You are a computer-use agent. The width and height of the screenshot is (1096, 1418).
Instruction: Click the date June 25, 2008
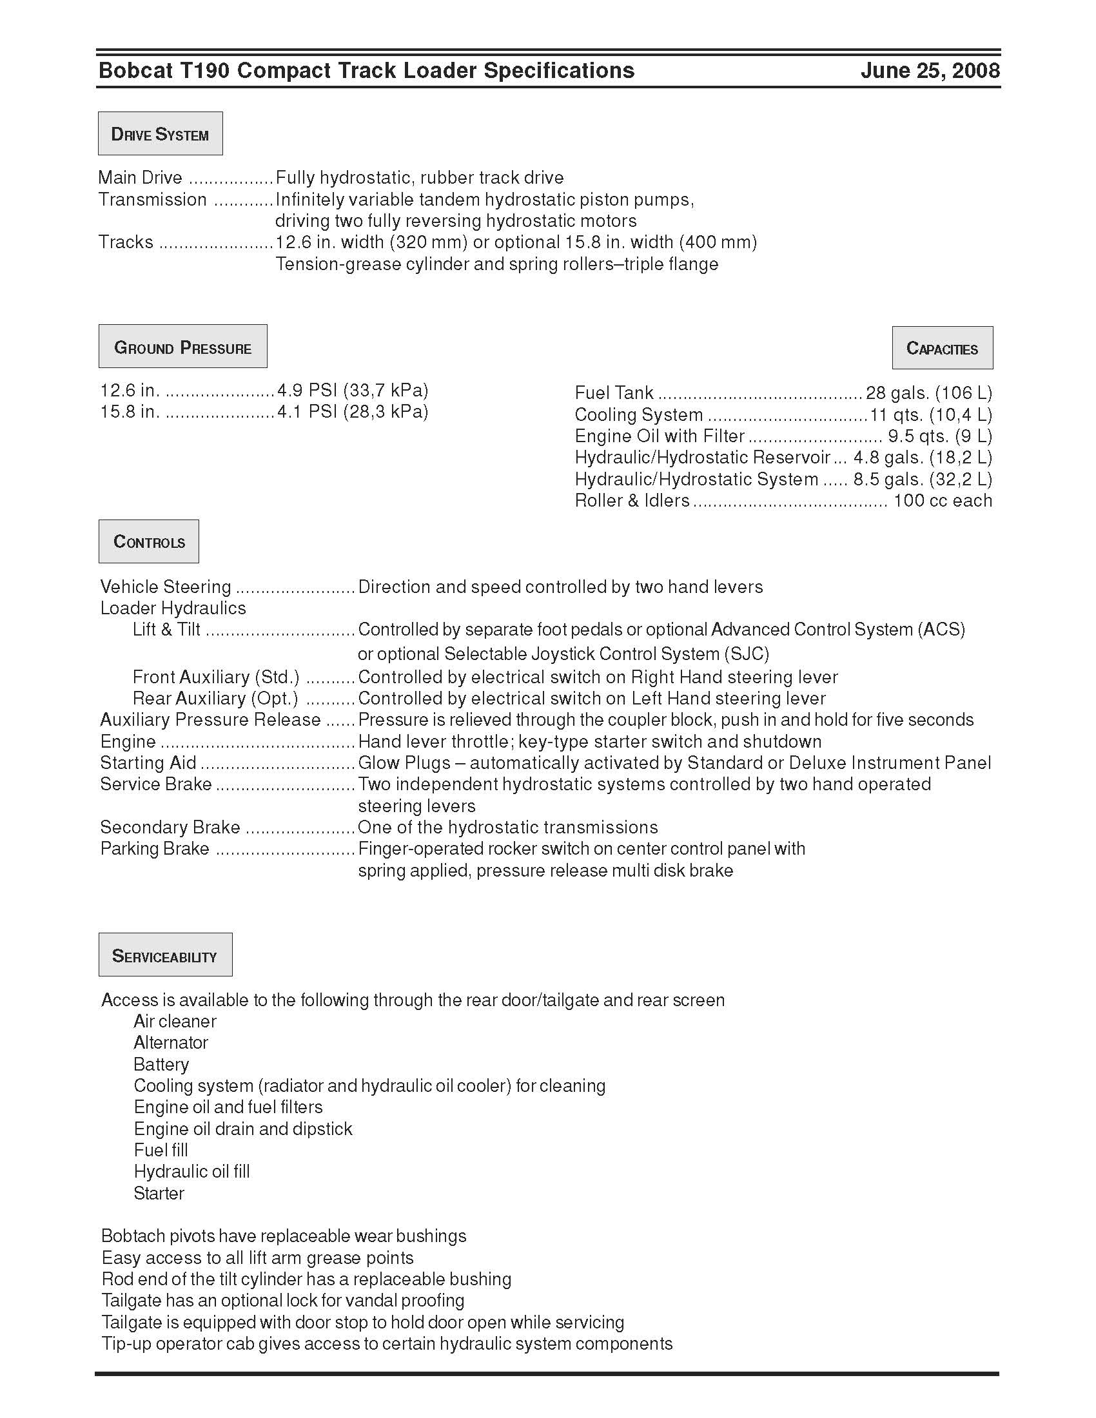point(930,70)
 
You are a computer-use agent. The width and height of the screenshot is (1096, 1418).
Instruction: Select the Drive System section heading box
point(161,134)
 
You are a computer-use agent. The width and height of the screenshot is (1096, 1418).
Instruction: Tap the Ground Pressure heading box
point(182,347)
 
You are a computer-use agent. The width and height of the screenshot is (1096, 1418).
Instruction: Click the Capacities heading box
point(942,348)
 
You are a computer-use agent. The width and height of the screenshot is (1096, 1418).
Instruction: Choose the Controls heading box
point(149,541)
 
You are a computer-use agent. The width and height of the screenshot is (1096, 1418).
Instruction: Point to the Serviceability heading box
point(165,955)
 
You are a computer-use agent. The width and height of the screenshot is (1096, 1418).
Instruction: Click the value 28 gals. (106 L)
point(928,393)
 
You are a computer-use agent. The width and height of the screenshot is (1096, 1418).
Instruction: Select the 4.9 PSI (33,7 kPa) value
point(353,390)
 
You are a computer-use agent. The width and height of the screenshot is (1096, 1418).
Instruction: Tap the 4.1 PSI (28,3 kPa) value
point(353,412)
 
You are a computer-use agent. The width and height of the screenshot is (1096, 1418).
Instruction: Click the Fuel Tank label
point(614,393)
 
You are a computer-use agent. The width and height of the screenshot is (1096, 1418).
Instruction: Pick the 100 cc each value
point(943,501)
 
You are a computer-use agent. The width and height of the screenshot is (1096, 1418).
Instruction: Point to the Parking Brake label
point(155,849)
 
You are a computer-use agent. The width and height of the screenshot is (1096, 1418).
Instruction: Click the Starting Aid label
point(148,763)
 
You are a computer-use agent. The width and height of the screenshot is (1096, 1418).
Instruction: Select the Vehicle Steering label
point(166,587)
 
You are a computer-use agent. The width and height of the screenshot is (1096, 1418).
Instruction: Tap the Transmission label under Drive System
point(153,199)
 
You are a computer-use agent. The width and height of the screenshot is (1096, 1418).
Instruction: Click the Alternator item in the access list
point(171,1043)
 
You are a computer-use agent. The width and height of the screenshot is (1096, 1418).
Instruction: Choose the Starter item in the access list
point(159,1193)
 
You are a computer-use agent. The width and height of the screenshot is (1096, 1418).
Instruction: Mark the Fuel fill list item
point(161,1151)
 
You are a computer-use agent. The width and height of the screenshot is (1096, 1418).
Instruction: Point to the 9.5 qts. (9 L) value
point(939,436)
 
